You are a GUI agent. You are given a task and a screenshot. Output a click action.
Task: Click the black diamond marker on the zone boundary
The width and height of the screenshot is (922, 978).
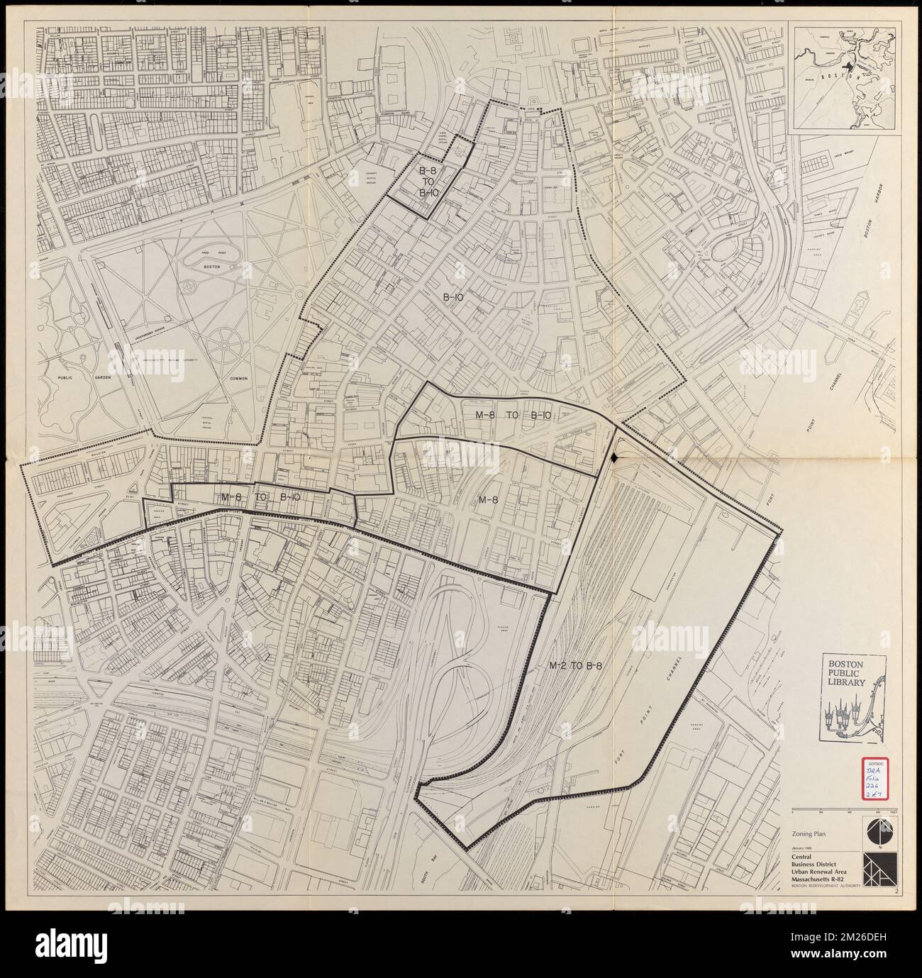615,458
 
